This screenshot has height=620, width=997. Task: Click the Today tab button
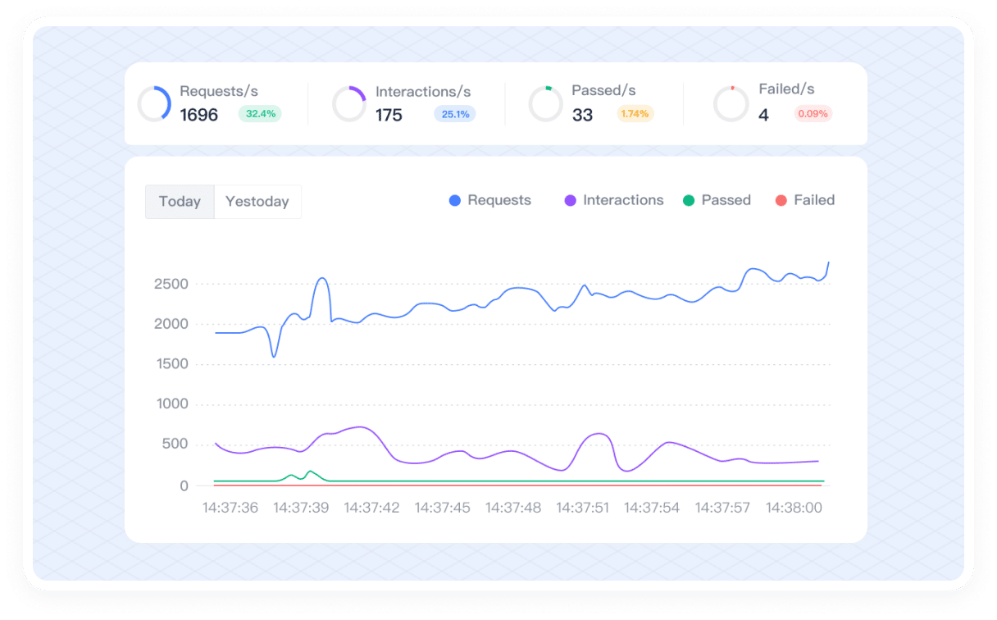pyautogui.click(x=180, y=202)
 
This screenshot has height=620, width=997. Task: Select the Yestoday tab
pyautogui.click(x=257, y=202)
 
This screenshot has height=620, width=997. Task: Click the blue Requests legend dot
pyautogui.click(x=455, y=201)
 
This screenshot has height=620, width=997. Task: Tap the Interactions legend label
pyautogui.click(x=623, y=200)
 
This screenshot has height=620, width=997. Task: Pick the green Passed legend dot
pyautogui.click(x=689, y=201)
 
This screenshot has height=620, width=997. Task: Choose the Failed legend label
pyautogui.click(x=814, y=200)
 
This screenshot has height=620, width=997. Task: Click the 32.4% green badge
pyautogui.click(x=260, y=114)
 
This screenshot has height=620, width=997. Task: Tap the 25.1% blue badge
pyautogui.click(x=455, y=114)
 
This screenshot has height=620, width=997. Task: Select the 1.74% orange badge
pyautogui.click(x=635, y=114)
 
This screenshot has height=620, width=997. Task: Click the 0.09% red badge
pyautogui.click(x=813, y=114)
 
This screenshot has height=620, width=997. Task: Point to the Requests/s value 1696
pyautogui.click(x=199, y=115)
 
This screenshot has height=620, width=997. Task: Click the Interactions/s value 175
pyautogui.click(x=389, y=115)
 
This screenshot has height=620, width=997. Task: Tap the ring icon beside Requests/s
pyautogui.click(x=154, y=104)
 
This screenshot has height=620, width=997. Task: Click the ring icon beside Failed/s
pyautogui.click(x=731, y=104)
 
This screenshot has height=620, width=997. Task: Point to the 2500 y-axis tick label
pyautogui.click(x=171, y=284)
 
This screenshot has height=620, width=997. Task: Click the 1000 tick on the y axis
pyautogui.click(x=171, y=403)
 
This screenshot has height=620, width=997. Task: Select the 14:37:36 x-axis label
pyautogui.click(x=230, y=508)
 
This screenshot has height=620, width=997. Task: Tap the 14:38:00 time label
pyautogui.click(x=794, y=508)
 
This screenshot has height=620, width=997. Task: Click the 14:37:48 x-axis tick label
pyautogui.click(x=513, y=508)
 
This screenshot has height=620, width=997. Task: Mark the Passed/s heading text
pyautogui.click(x=603, y=90)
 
